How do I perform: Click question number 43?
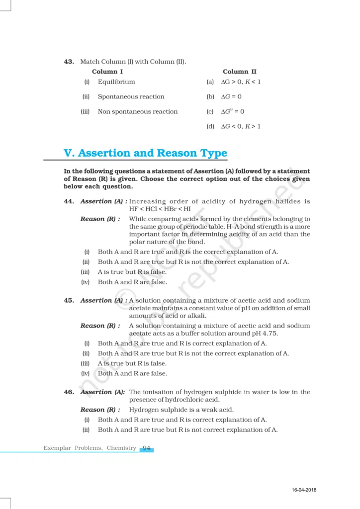tap(69, 62)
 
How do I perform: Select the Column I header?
tap(107, 72)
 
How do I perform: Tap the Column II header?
tap(240, 72)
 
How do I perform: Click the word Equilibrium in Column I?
tap(116, 82)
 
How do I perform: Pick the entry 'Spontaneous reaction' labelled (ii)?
tap(131, 97)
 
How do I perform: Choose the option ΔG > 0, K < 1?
tap(241, 82)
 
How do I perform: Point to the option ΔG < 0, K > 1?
tap(241, 127)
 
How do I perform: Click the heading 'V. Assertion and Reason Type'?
tap(145, 153)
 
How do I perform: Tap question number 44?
tap(69, 201)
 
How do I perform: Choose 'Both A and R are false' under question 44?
tap(132, 282)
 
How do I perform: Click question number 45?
tap(69, 300)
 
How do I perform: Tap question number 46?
tap(69, 392)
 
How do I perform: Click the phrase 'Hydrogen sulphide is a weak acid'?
tap(181, 410)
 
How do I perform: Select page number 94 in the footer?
tap(147, 448)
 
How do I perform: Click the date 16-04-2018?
tap(304, 491)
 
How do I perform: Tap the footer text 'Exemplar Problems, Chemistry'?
tap(90, 448)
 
